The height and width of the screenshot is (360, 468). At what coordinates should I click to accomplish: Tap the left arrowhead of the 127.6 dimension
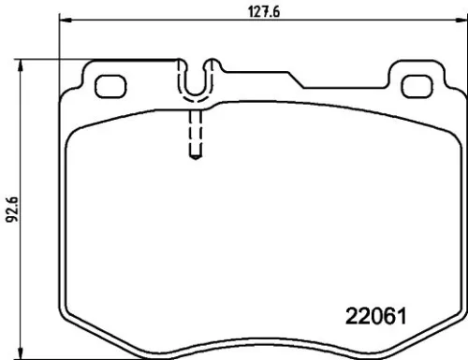pos(66,20)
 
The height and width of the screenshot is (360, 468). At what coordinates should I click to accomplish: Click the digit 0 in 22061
pos(362,316)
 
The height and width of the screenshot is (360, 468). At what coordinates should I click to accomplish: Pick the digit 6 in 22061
pos(377,316)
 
